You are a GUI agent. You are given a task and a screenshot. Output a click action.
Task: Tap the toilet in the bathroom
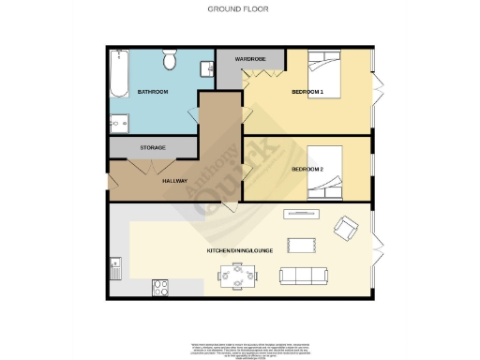tap(170, 61)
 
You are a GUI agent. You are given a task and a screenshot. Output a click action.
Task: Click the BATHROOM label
tap(152, 92)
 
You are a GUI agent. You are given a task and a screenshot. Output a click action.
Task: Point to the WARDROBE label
tap(250, 59)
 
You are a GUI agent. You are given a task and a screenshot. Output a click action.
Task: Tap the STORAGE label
tap(154, 147)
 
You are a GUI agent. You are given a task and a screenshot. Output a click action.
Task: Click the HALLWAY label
tap(175, 181)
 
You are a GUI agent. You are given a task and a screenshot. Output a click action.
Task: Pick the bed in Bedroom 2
tap(329, 169)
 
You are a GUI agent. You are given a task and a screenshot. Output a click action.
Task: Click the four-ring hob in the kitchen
tap(158, 288)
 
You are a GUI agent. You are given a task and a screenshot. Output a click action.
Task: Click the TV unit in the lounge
tap(303, 212)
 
